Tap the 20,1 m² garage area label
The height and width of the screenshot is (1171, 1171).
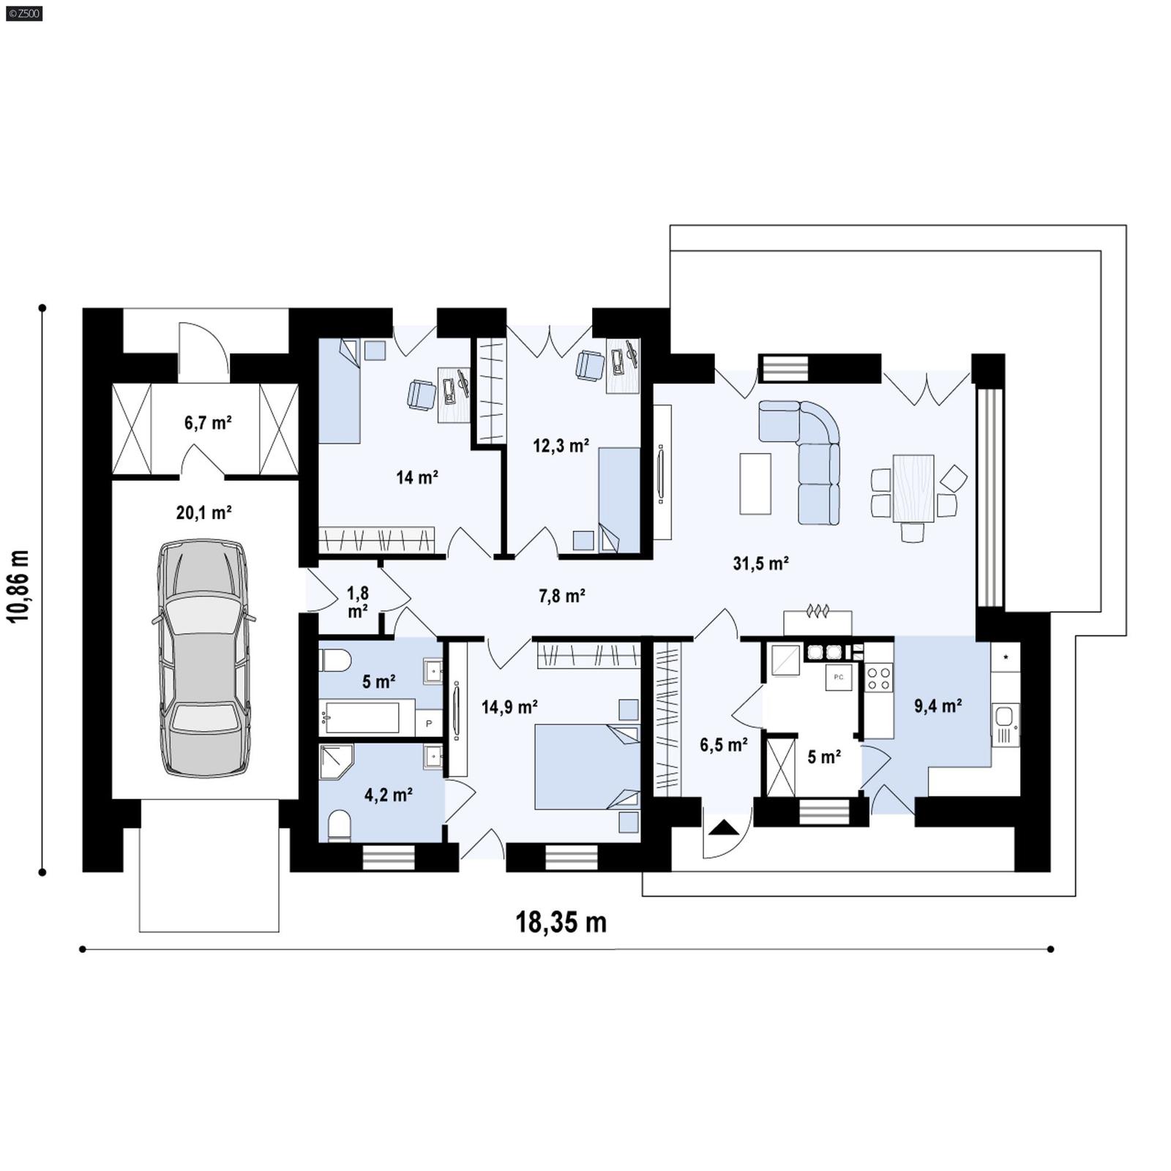[203, 512]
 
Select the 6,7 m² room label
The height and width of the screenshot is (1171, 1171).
[208, 422]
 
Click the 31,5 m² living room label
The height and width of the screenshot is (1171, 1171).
[760, 563]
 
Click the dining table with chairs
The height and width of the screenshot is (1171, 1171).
[913, 488]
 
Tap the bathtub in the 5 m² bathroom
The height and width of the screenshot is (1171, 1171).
[360, 718]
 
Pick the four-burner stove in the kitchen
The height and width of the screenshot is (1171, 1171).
[878, 677]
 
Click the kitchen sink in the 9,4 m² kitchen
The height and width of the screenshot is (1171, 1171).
[1005, 717]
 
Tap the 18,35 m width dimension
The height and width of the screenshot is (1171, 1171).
[561, 922]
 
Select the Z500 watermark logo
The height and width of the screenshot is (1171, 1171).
[23, 12]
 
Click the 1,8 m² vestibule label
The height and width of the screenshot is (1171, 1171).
[357, 602]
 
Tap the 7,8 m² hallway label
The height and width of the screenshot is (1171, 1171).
[561, 596]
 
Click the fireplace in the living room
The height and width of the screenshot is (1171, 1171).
[818, 621]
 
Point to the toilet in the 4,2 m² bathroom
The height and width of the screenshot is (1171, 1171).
[340, 826]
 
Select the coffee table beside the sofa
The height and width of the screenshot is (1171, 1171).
[755, 484]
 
